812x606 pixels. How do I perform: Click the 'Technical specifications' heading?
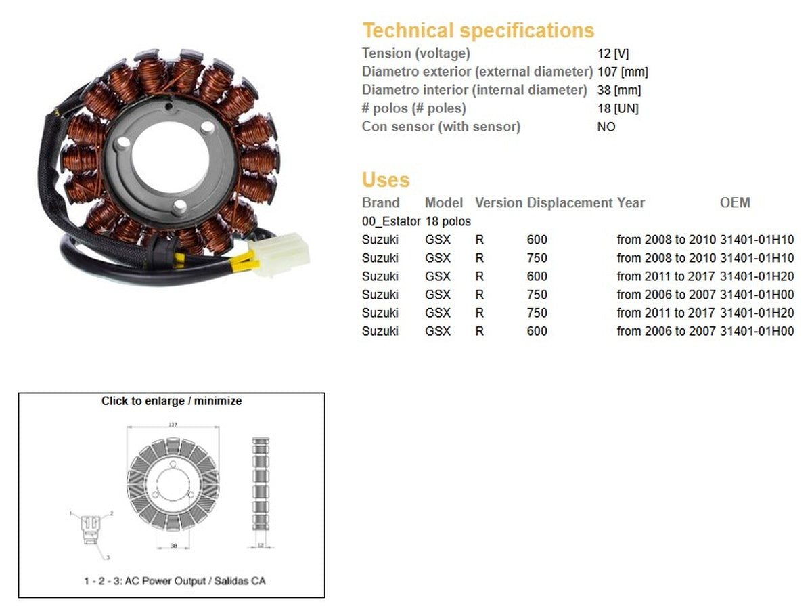click(478, 30)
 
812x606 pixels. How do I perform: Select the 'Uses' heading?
click(386, 180)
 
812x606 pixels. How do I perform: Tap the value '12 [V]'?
click(612, 53)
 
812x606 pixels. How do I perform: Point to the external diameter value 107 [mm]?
click(623, 72)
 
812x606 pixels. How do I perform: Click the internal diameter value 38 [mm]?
click(618, 90)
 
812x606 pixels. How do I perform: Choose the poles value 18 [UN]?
click(617, 108)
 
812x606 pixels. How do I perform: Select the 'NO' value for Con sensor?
click(606, 127)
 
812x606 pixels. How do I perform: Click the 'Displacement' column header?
click(570, 202)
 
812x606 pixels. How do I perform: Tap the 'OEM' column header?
click(735, 202)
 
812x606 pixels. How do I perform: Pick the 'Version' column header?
click(499, 202)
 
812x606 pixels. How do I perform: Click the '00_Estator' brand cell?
click(391, 221)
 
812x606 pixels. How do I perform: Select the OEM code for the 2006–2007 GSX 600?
click(757, 331)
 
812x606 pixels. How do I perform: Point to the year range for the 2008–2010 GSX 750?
click(666, 258)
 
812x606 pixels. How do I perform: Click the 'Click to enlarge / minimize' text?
click(171, 401)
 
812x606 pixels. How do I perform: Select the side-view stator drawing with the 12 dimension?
click(261, 484)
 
